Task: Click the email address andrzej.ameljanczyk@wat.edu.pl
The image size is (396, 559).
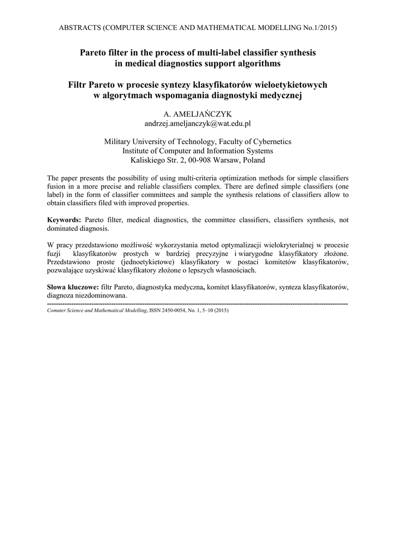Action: pos(197,124)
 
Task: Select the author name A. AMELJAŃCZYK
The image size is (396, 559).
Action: pos(197,114)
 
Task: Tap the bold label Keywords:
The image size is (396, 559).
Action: pos(64,220)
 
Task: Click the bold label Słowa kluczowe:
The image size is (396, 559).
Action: pos(73,287)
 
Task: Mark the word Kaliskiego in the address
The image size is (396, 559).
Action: pos(148,160)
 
